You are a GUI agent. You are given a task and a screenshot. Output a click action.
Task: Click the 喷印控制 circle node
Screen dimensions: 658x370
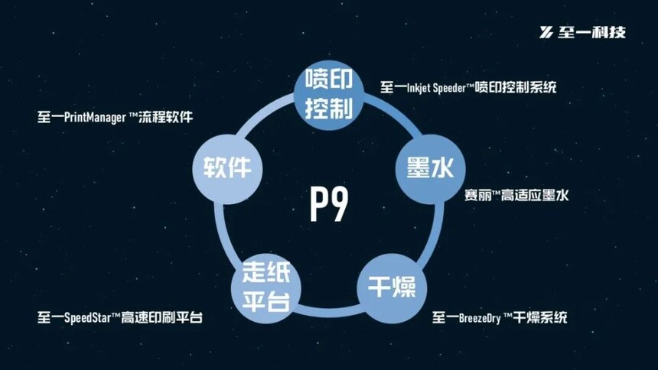328,95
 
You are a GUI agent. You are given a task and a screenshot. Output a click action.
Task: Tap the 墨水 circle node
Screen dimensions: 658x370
431,169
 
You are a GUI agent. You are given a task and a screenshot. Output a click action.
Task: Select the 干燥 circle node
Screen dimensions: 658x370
392,288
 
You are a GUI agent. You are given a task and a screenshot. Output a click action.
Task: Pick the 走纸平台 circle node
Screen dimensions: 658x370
266,288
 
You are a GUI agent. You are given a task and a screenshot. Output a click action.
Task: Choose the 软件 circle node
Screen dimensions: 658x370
227,169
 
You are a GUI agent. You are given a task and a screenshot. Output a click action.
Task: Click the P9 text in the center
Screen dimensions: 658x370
329,204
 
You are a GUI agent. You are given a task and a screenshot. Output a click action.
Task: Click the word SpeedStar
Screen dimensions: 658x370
87,317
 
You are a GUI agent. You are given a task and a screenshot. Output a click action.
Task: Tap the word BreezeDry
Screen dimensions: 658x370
480,318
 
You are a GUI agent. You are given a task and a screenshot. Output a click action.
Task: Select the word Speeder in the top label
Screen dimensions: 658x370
449,88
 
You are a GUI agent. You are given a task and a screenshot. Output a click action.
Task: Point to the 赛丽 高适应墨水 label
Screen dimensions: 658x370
516,196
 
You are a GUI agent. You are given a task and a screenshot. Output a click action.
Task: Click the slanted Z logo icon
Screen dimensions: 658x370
546,32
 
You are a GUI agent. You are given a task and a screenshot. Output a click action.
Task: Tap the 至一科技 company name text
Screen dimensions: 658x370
591,32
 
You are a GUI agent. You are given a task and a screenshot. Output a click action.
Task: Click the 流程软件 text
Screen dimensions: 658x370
166,117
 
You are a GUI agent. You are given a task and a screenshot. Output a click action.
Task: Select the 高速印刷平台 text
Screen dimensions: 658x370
162,317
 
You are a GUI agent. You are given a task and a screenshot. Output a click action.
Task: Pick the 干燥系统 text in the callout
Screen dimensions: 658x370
540,317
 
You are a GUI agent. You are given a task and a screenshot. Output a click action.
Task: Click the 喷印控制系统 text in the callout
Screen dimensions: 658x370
516,87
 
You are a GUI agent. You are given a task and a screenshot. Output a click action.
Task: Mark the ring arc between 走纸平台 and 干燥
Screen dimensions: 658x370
329,311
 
